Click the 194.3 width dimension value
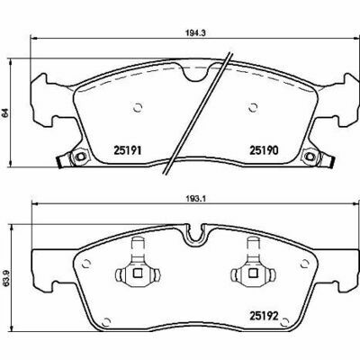click(x=194, y=33)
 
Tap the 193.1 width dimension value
click(x=194, y=199)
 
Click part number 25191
click(x=127, y=150)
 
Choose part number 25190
click(x=264, y=150)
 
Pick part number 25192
click(x=265, y=316)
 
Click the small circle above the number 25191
click(x=138, y=107)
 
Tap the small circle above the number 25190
click(x=253, y=107)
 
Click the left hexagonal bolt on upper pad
click(x=80, y=157)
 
